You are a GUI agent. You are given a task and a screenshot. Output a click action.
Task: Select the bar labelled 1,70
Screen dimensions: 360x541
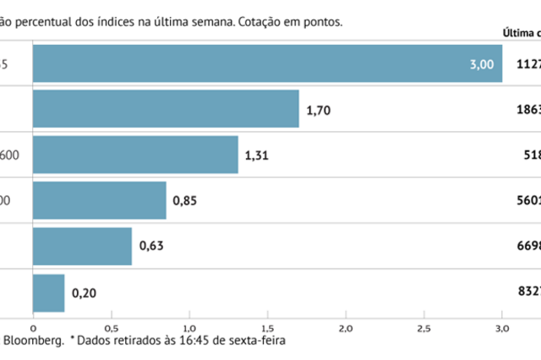coord(166,108)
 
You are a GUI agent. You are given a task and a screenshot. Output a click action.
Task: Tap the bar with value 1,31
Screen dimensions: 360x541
coord(135,154)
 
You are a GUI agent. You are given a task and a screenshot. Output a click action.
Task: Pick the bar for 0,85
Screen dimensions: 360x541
coord(99,200)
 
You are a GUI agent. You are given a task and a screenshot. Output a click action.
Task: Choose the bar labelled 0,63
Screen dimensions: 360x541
coord(82,246)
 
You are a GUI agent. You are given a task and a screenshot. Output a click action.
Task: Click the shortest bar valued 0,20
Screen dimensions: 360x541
coord(48,292)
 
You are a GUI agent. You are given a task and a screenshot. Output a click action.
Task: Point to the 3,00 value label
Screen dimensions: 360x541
coord(482,63)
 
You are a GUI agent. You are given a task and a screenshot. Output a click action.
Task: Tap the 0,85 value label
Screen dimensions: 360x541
coord(185,200)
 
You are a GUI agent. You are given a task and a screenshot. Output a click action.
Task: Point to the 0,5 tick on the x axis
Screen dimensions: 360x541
coord(111,326)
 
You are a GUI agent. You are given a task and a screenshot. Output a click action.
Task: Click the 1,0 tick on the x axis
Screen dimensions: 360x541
coord(189,326)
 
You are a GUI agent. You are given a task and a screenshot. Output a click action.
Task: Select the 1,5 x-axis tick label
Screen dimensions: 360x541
coord(267,326)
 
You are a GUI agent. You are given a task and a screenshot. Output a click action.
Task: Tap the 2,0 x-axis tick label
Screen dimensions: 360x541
coord(346,326)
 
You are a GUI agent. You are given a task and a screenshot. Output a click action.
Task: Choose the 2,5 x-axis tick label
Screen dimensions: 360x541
coord(424,326)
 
